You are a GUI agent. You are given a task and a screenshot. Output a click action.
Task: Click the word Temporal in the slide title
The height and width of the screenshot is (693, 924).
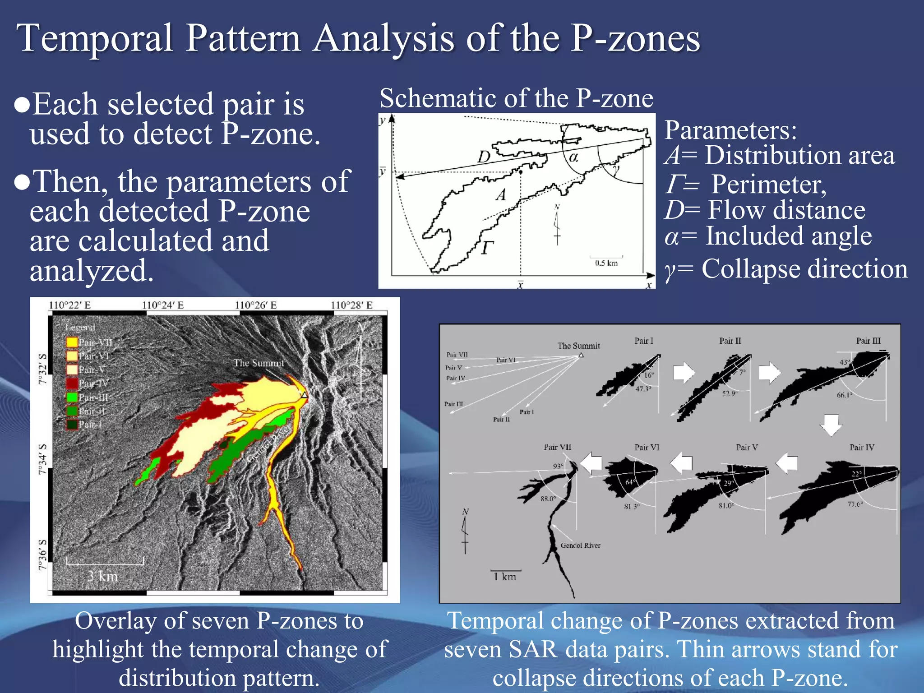(x=95, y=38)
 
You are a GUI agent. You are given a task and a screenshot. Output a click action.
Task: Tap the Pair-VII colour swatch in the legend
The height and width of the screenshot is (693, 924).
(x=72, y=342)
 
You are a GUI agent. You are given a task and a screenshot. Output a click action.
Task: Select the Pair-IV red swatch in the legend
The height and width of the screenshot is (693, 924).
(x=72, y=383)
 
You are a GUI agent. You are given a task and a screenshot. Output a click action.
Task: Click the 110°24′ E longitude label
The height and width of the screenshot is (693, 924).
(x=163, y=305)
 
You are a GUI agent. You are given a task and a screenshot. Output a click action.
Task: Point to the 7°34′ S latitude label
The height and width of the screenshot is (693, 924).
(x=42, y=459)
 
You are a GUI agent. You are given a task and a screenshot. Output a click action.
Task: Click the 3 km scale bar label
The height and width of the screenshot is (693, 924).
(x=103, y=576)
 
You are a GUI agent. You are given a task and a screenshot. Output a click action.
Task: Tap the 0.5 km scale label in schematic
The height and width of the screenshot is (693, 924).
(x=606, y=263)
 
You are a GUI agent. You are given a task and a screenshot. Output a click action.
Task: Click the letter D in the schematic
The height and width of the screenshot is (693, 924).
(x=484, y=157)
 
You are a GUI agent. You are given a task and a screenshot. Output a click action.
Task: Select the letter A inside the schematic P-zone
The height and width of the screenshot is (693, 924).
(x=501, y=195)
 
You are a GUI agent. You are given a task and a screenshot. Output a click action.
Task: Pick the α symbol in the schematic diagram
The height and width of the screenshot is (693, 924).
(x=573, y=157)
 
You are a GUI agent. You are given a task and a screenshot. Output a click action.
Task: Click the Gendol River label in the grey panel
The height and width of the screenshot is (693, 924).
(x=580, y=545)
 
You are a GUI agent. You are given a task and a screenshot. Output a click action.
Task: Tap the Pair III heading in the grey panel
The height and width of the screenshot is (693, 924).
(x=868, y=341)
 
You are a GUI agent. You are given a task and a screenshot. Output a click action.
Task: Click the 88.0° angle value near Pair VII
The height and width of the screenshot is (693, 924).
(x=548, y=499)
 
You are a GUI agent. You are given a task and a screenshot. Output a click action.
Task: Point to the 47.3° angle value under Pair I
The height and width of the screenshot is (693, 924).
(x=643, y=388)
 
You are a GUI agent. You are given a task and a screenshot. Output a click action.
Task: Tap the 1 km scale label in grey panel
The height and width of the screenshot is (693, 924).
(x=505, y=577)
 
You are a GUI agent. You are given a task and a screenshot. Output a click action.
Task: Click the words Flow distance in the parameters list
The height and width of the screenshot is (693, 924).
(x=786, y=210)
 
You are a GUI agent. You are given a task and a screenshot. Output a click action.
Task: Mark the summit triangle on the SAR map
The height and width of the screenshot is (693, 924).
(x=305, y=396)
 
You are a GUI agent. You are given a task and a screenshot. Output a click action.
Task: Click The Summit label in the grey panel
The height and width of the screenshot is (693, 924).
(x=578, y=346)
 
